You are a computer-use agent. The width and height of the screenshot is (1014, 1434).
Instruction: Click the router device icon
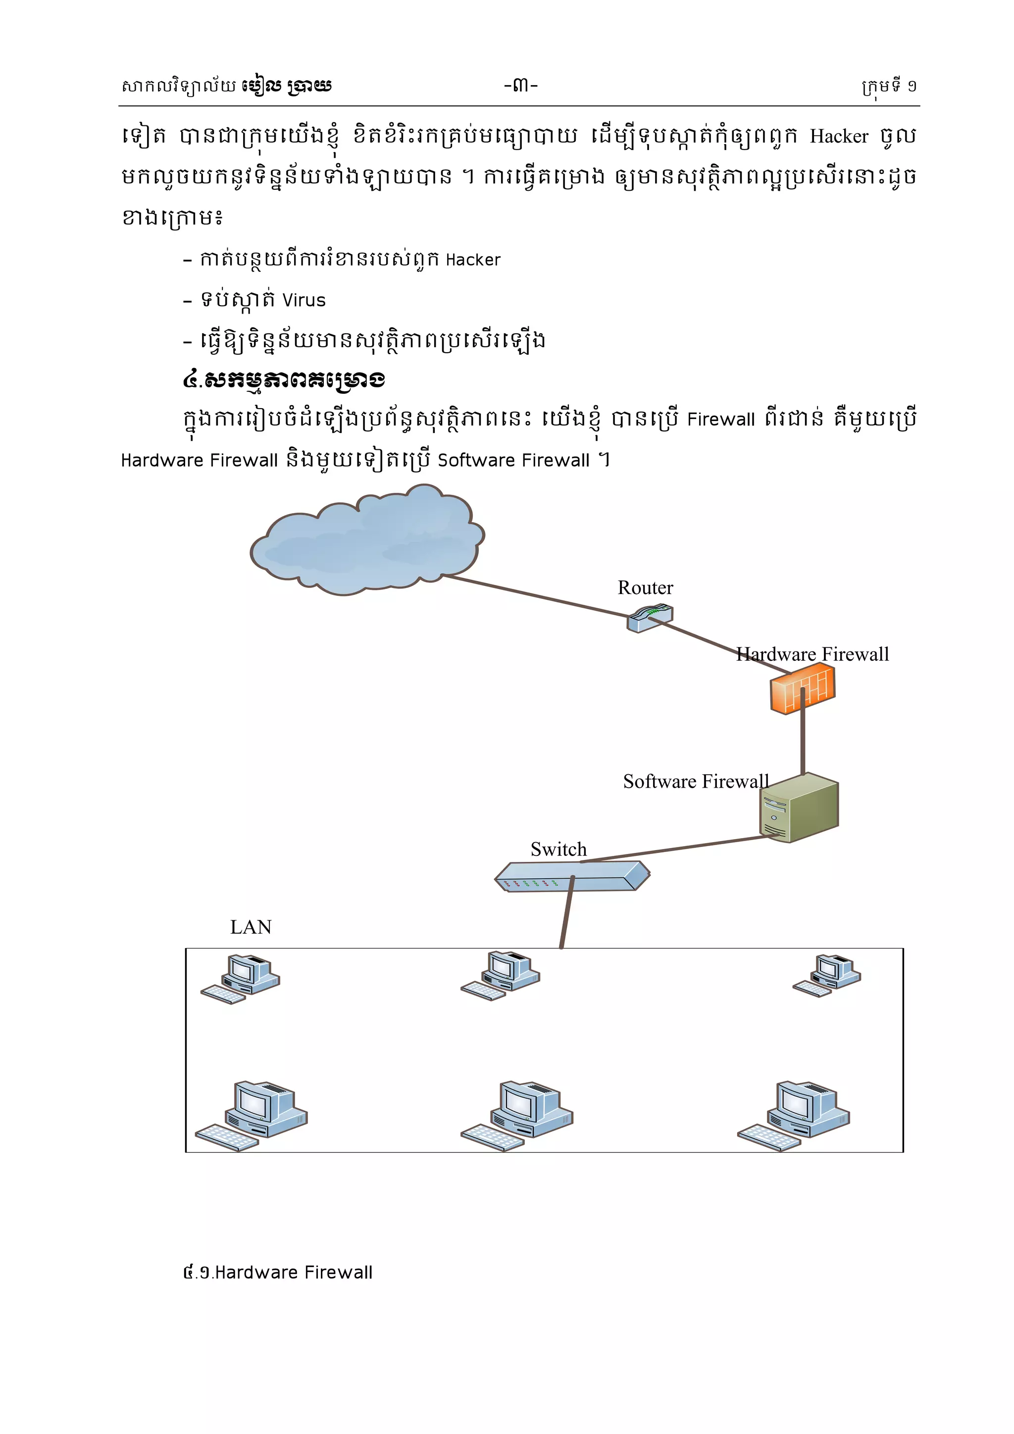(650, 618)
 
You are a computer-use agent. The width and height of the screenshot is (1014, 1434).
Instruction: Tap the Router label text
(645, 587)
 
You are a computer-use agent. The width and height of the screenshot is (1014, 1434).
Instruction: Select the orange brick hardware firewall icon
(802, 689)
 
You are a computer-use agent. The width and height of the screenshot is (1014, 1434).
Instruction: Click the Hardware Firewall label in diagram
(811, 654)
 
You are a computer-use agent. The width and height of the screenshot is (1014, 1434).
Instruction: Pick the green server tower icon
(799, 807)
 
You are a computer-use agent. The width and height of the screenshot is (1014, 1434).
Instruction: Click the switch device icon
(571, 876)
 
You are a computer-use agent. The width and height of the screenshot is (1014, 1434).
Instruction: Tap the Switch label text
(558, 850)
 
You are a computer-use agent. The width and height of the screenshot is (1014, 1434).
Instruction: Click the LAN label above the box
(251, 927)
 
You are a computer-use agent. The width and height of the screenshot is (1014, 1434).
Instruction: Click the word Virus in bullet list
(304, 300)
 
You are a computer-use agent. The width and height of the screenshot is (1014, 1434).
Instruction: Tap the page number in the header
(521, 85)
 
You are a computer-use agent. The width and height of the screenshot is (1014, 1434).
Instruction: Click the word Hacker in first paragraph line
(839, 136)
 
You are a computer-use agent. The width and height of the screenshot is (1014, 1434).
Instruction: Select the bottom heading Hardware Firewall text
(294, 1272)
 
